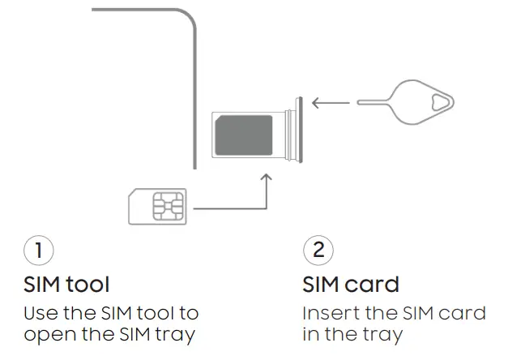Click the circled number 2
point(318,250)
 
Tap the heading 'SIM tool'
point(66,285)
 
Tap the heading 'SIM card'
point(351,285)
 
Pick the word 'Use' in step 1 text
point(39,313)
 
